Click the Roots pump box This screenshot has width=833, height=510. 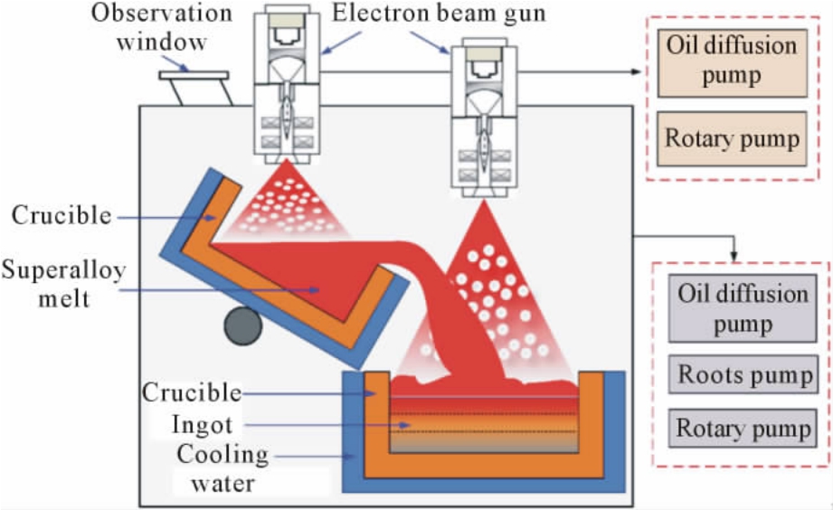pyautogui.click(x=743, y=374)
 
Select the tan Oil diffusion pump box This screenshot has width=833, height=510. pyautogui.click(x=732, y=63)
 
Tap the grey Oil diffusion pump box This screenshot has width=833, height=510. pyautogui.click(x=743, y=308)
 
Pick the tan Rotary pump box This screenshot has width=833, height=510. pyautogui.click(x=732, y=138)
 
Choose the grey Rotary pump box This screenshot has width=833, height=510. pyautogui.click(x=743, y=429)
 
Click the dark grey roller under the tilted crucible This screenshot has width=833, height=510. pyautogui.click(x=242, y=326)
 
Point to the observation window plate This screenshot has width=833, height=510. pyautogui.click(x=194, y=75)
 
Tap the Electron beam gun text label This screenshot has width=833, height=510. pyautogui.click(x=439, y=14)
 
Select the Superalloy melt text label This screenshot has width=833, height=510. pyautogui.click(x=63, y=284)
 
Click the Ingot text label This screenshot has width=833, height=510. pyautogui.click(x=202, y=424)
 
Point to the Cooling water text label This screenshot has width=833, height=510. pyautogui.click(x=222, y=468)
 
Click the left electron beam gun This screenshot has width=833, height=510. pyautogui.click(x=287, y=84)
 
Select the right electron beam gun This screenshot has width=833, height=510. pyautogui.click(x=484, y=118)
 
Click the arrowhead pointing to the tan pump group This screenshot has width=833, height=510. pyautogui.click(x=636, y=71)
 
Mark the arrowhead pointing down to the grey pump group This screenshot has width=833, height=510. pyautogui.click(x=734, y=256)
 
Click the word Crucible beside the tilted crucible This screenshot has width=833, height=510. pyautogui.click(x=62, y=216)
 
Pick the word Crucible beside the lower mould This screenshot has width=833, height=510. pyautogui.click(x=192, y=393)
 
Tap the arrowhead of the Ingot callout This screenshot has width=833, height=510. pyautogui.click(x=405, y=426)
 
